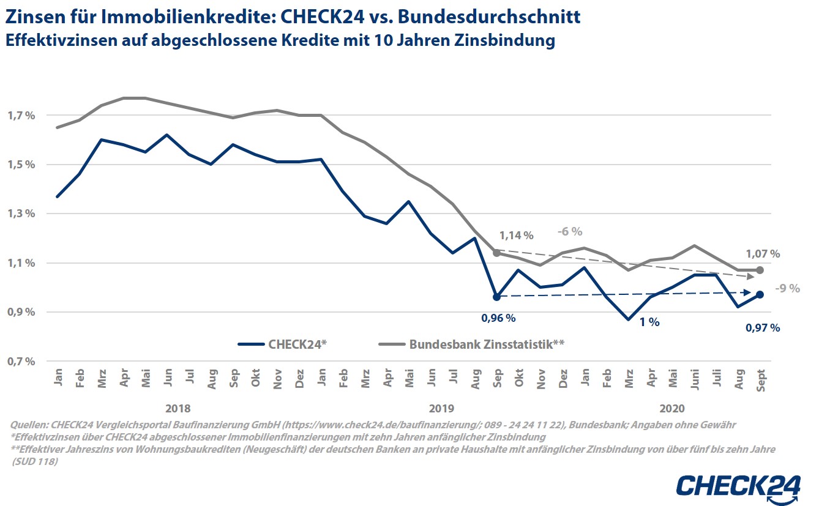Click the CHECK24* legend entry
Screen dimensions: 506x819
tap(282, 344)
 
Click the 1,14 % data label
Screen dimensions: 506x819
tap(516, 236)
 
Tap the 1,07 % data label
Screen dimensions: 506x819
tap(762, 253)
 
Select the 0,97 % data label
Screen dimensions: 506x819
tap(762, 328)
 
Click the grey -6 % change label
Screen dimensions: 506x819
tap(569, 232)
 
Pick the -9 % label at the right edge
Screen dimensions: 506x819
tap(787, 289)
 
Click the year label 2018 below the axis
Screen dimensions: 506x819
tap(178, 409)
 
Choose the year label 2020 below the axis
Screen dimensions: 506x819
tap(673, 409)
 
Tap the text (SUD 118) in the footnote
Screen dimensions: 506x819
tap(36, 461)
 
